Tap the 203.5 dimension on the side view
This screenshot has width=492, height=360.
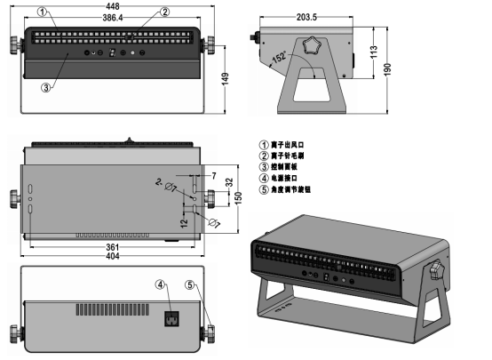pos(306,17)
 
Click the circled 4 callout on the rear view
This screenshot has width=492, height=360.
pos(161,285)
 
